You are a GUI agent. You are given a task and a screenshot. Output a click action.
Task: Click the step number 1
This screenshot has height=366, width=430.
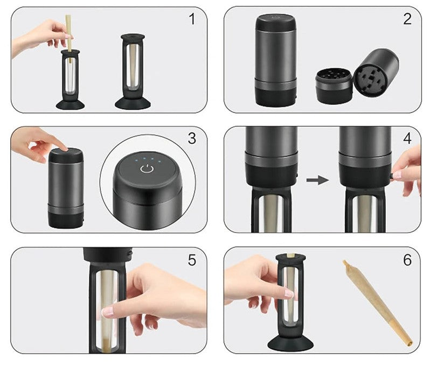click(x=192, y=19)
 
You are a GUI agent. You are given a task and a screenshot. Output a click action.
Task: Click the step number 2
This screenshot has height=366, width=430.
click(x=407, y=19)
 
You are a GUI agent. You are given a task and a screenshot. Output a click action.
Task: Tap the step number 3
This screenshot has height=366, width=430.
click(x=192, y=139)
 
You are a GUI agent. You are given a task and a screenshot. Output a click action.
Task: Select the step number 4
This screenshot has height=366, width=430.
click(x=407, y=139)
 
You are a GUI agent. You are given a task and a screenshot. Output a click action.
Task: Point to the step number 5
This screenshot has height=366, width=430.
click(x=192, y=260)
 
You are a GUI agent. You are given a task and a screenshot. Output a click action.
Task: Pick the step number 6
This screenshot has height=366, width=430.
click(x=407, y=260)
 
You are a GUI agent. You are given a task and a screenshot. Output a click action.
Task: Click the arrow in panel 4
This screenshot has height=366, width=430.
click(x=317, y=180)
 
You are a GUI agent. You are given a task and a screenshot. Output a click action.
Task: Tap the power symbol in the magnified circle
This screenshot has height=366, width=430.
click(x=147, y=169)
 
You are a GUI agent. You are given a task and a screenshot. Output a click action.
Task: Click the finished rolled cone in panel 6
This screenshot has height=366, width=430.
click(x=378, y=302)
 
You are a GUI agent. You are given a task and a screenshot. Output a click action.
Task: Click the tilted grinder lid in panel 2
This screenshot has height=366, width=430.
click(x=376, y=72)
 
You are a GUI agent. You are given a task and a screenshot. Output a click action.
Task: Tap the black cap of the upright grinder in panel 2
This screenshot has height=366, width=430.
click(x=275, y=23)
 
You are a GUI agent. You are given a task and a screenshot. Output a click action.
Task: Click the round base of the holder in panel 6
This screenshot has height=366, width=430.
click(x=290, y=343)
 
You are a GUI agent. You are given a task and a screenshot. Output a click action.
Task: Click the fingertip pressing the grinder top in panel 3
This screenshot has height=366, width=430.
click(x=64, y=147)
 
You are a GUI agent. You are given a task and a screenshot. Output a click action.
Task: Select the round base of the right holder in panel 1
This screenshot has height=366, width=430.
click(x=133, y=103)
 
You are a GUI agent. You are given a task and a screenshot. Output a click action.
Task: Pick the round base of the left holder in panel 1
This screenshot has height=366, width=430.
click(x=70, y=104)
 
